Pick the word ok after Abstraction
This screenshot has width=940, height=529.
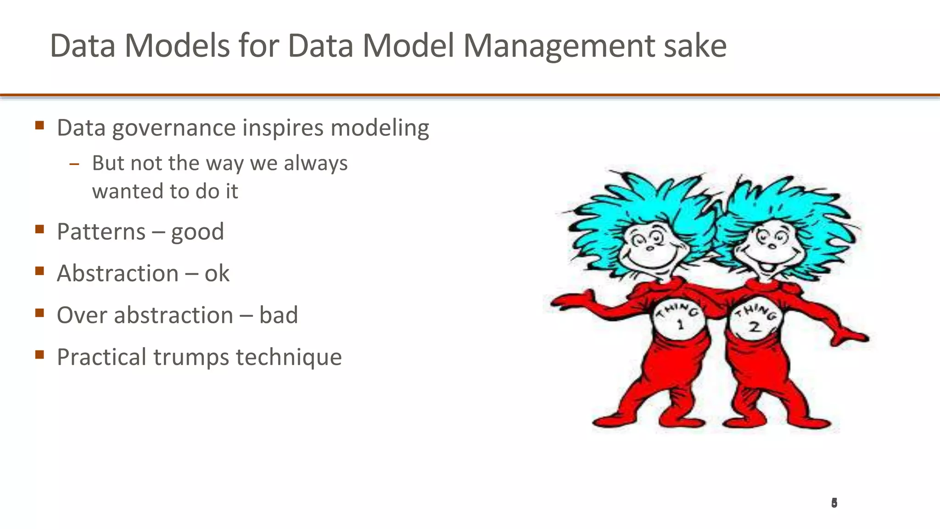[x=217, y=274]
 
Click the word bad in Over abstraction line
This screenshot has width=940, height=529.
[x=279, y=315]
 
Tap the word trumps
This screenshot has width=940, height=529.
[x=191, y=357]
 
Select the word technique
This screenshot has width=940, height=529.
[x=289, y=358]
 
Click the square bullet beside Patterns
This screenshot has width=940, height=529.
[x=39, y=229]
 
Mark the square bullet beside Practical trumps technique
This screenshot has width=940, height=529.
[x=39, y=354]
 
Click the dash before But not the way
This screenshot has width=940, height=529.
[x=74, y=164]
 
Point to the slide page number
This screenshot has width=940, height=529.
[x=834, y=503]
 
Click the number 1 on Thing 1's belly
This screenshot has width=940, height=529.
[x=680, y=325]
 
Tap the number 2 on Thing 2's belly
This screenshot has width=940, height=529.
[x=755, y=327]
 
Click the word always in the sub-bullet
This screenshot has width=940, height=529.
[x=316, y=163]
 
